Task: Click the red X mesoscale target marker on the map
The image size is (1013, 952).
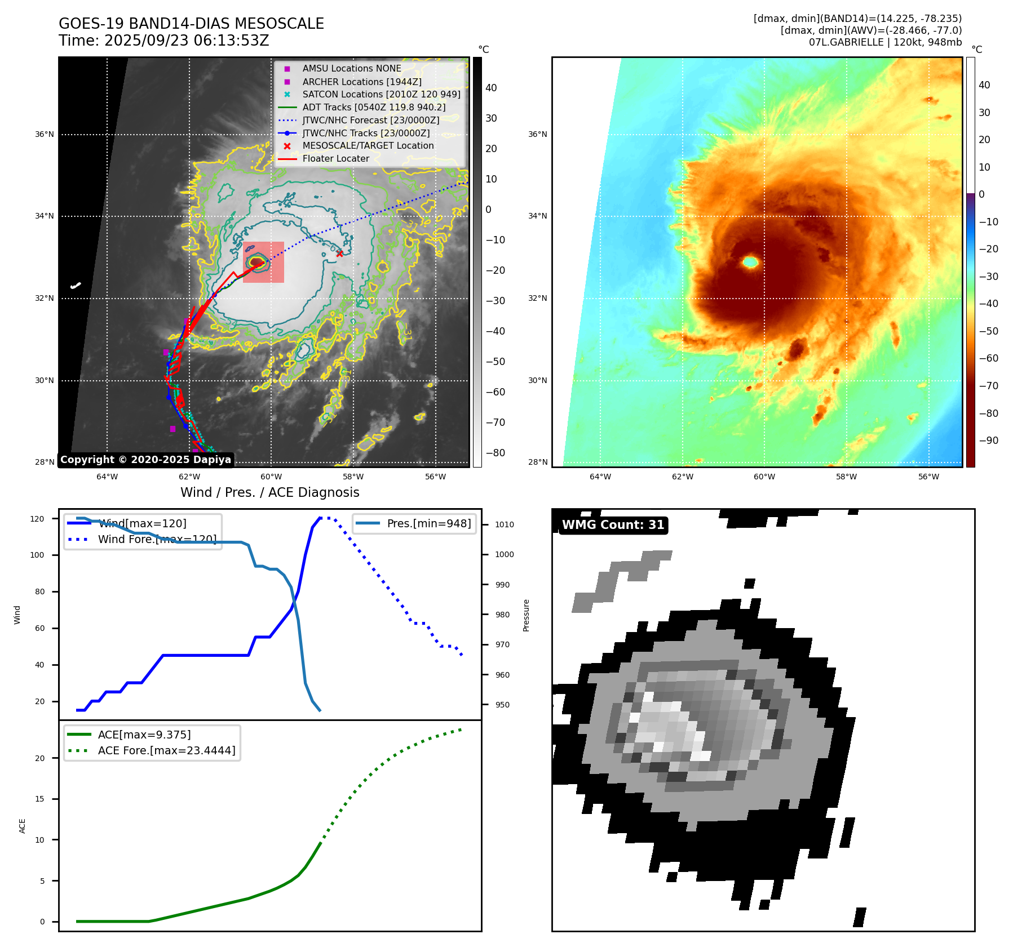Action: click(339, 253)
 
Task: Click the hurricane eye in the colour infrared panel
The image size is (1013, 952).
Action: click(750, 261)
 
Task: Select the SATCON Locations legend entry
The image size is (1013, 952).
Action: click(381, 94)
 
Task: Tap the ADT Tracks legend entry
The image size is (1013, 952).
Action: click(374, 107)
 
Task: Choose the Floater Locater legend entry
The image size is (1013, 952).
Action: click(335, 158)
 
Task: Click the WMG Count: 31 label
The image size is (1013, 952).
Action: click(613, 525)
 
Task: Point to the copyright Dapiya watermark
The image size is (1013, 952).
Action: click(145, 460)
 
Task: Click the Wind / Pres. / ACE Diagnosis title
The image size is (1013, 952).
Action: click(269, 492)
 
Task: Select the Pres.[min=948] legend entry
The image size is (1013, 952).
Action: click(428, 523)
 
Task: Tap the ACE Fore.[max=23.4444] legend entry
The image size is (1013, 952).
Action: click(166, 750)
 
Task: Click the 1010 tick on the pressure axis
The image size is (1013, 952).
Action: click(505, 524)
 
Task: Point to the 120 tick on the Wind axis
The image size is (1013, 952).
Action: click(37, 519)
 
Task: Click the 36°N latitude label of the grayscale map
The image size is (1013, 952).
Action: click(45, 135)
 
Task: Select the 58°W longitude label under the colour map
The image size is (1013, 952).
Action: click(846, 477)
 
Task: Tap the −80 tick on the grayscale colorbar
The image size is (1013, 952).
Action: click(496, 453)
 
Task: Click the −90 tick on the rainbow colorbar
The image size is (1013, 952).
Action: click(988, 441)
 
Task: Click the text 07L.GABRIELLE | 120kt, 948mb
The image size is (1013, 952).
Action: click(885, 42)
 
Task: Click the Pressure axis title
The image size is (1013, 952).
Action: click(527, 615)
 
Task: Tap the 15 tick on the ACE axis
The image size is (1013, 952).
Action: click(39, 799)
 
